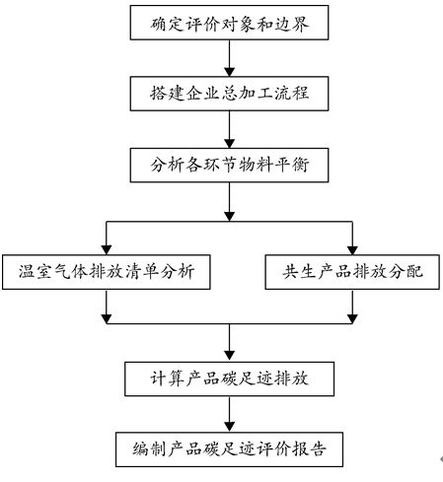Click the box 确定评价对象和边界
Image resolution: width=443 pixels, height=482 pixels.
(229, 22)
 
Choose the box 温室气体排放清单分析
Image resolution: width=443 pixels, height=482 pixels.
(107, 271)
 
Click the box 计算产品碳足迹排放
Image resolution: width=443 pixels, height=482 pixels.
(229, 378)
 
